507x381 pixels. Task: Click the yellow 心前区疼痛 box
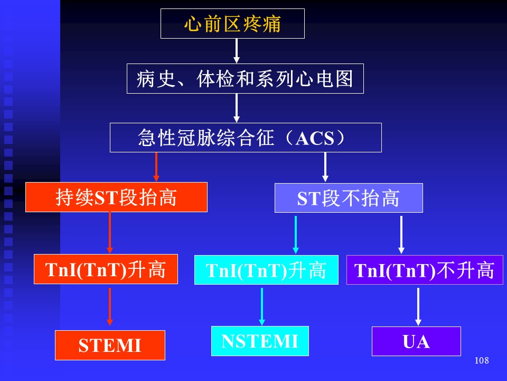[x=232, y=24]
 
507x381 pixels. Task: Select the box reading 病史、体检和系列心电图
[x=245, y=79]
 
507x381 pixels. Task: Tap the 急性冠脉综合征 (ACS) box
[x=246, y=138]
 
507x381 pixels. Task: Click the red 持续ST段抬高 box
[x=116, y=197]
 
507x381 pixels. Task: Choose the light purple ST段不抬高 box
[x=349, y=198]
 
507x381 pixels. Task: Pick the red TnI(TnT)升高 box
[x=106, y=269]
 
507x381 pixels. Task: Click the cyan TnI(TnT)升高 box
[x=266, y=270]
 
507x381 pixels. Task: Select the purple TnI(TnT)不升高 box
[x=425, y=270]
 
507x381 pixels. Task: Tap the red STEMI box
[x=110, y=345]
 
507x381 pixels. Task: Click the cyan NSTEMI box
[x=260, y=341]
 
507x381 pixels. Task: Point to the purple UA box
[x=416, y=341]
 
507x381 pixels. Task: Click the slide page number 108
[x=482, y=360]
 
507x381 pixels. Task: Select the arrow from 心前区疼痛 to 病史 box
[x=237, y=51]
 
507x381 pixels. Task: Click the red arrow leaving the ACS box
[x=156, y=167]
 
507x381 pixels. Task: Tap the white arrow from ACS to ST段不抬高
[x=325, y=167]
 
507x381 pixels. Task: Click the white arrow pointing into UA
[x=418, y=307]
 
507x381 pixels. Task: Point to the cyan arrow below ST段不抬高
[x=295, y=235]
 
